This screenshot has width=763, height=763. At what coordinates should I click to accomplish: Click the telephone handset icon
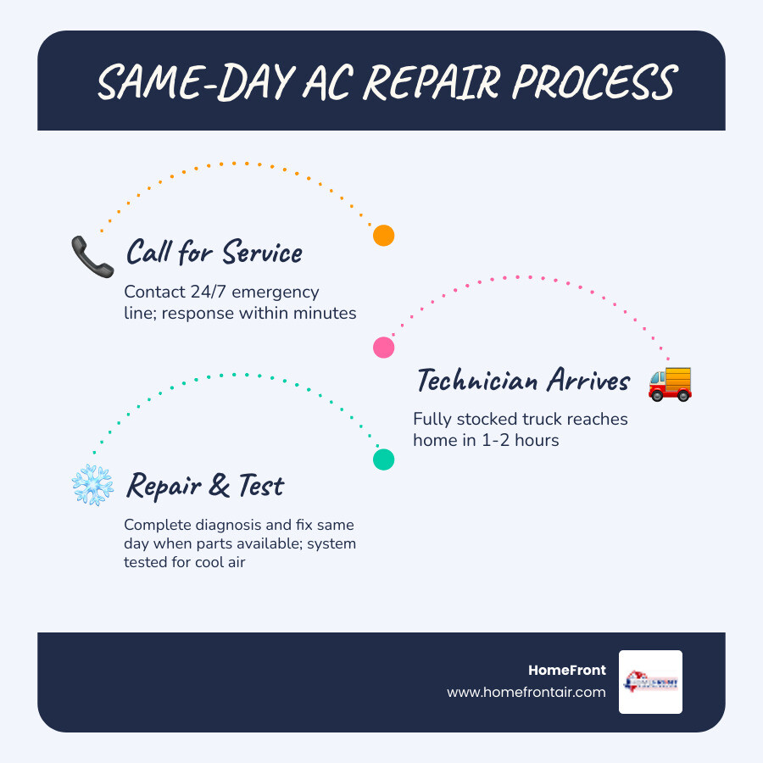pos(92,257)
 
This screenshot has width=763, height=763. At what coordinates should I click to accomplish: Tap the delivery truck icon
pos(670,383)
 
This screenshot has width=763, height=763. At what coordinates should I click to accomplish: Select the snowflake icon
pos(92,486)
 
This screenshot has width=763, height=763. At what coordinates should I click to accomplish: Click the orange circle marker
pos(384,236)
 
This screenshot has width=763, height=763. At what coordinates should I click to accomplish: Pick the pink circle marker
pos(384,348)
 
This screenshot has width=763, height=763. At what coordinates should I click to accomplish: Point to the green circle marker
pos(384,459)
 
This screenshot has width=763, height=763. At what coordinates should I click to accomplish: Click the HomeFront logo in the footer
pos(650,682)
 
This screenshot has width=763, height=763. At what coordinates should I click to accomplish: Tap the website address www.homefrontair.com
pos(526,692)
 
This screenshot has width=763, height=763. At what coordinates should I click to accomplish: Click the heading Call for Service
pos(214,252)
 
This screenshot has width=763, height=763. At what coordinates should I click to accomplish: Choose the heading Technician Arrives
pos(523,381)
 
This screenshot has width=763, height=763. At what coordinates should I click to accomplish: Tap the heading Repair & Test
pos(204,486)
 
